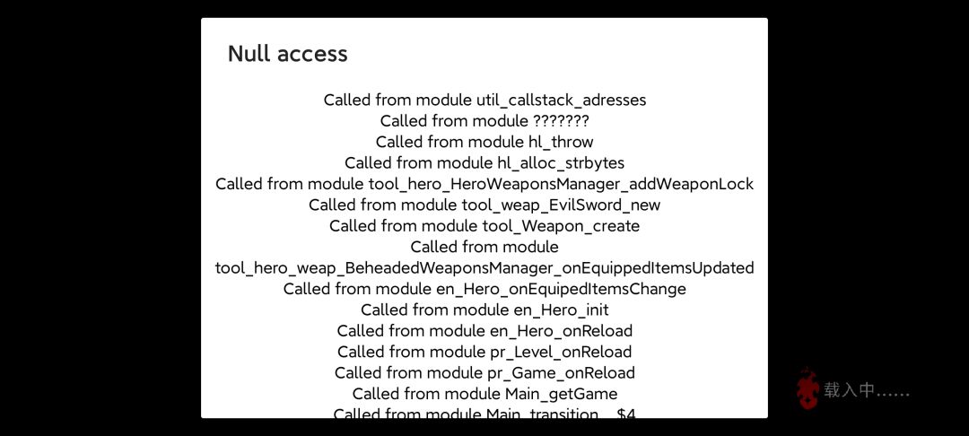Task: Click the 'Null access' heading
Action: pyautogui.click(x=287, y=54)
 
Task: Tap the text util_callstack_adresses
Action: pyautogui.click(x=561, y=100)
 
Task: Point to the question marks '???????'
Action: pyautogui.click(x=561, y=120)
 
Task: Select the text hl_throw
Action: pyautogui.click(x=561, y=142)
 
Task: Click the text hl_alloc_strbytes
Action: pyautogui.click(x=561, y=163)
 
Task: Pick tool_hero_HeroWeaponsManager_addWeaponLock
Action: pyautogui.click(x=561, y=184)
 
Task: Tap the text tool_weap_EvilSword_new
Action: pyautogui.click(x=561, y=205)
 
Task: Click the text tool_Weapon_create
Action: pyautogui.click(x=561, y=226)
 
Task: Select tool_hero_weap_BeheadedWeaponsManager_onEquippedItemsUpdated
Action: pyautogui.click(x=484, y=268)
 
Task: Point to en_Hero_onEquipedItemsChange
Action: pyautogui.click(x=560, y=289)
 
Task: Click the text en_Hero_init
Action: pyautogui.click(x=561, y=310)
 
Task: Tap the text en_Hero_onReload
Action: pyautogui.click(x=561, y=331)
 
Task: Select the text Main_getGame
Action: pyautogui.click(x=561, y=394)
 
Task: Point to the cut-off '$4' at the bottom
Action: pyautogui.click(x=626, y=414)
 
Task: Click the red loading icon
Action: pyautogui.click(x=807, y=388)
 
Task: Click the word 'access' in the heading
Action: pyautogui.click(x=312, y=55)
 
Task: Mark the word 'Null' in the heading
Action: pyautogui.click(x=249, y=54)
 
